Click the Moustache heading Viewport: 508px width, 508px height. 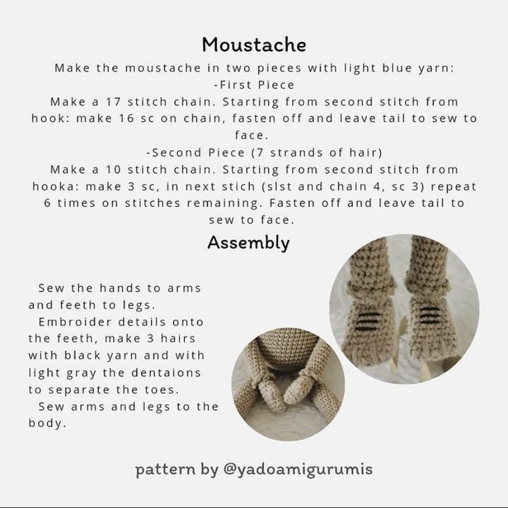pos(254,45)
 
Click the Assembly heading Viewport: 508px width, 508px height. pos(248,243)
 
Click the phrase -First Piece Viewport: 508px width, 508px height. pos(254,85)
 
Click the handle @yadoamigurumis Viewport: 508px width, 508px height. pos(298,470)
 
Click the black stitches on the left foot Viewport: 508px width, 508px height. pos(366,320)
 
